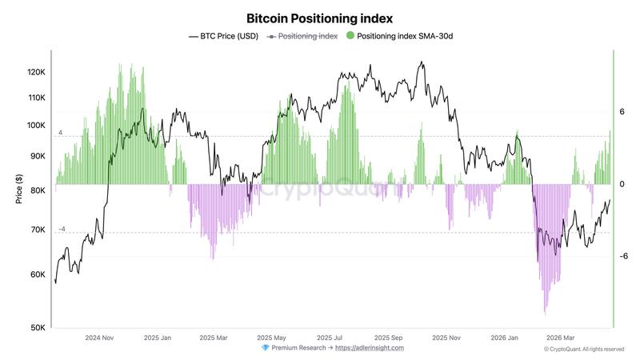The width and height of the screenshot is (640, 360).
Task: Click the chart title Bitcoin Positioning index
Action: click(x=320, y=18)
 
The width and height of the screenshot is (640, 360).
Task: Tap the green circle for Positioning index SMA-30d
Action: click(x=350, y=36)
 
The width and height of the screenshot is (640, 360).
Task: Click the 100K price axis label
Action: click(x=37, y=125)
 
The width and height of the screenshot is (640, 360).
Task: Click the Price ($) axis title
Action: click(x=18, y=189)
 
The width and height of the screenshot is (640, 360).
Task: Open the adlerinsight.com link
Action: click(x=369, y=348)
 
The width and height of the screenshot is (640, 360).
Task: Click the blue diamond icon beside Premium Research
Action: click(x=266, y=348)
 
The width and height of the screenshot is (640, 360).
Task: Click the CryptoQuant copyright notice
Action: click(x=583, y=350)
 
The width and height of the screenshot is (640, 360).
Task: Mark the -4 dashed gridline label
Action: click(x=61, y=230)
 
